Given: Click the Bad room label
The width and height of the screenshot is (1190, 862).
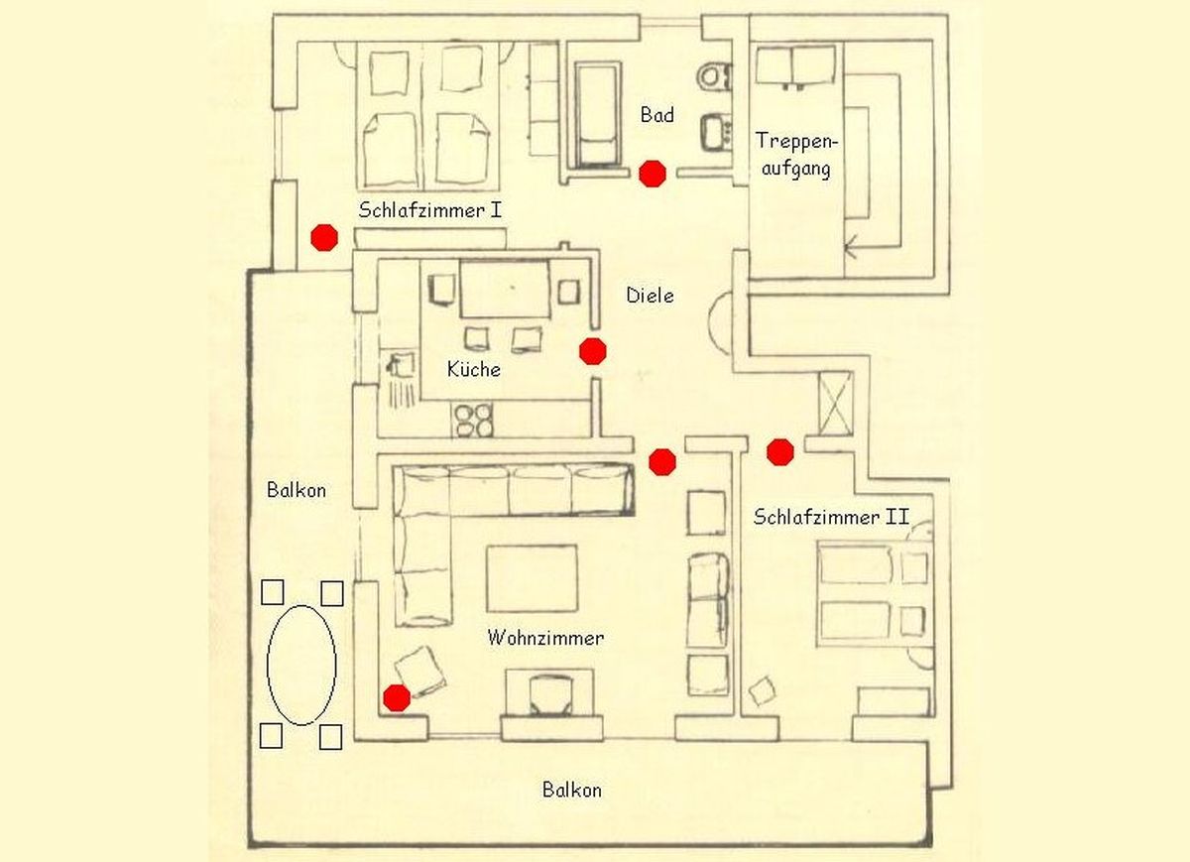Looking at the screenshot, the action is tap(657, 114).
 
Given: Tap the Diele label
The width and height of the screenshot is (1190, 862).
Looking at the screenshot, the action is tap(650, 295).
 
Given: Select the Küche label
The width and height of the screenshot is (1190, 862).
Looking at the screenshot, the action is tap(473, 368).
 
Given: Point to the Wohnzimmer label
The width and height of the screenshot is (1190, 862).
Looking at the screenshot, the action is tap(545, 637).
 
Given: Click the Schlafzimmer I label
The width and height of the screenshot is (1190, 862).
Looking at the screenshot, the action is tap(429, 210).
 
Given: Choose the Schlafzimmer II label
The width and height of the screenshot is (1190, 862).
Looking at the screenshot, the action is tap(831, 517).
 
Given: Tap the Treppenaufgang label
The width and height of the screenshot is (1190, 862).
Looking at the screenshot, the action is tap(795, 155).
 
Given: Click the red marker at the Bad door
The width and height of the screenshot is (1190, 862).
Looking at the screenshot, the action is tap(652, 174).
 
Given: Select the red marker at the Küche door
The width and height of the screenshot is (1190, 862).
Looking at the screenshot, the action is tap(592, 351).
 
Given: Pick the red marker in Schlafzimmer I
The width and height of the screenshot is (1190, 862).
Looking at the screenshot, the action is tap(324, 237).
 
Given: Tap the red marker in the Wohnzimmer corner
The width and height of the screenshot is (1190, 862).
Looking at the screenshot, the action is tap(397, 697).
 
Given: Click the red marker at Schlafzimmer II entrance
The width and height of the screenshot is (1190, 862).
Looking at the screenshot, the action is tap(779, 452).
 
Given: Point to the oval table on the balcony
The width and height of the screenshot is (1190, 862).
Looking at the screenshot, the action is tap(301, 665).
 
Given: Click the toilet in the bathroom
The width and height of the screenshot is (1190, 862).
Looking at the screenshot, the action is tap(714, 77).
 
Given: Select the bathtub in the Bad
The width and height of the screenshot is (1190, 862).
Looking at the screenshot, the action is tap(598, 115).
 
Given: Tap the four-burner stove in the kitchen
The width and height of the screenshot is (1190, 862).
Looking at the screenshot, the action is tap(473, 420).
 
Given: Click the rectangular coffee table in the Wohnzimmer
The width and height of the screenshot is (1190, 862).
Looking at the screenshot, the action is tap(532, 578).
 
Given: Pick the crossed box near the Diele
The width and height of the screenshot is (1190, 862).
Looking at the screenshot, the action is tap(836, 404).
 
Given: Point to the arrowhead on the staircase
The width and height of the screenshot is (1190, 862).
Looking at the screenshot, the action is tap(851, 247).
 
